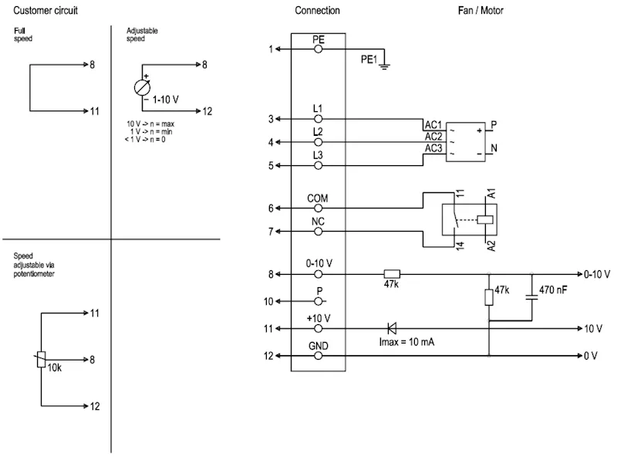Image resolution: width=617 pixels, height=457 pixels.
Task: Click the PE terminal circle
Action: [319, 49]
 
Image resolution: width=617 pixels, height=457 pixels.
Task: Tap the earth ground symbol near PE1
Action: [384, 66]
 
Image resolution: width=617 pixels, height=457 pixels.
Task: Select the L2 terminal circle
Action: [319, 142]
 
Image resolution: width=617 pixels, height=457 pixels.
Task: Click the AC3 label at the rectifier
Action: [433, 148]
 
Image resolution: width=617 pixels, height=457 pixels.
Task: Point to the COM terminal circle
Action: [319, 208]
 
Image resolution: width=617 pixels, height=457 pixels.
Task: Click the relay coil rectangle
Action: [485, 219]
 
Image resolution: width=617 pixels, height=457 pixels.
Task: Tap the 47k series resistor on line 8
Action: [392, 274]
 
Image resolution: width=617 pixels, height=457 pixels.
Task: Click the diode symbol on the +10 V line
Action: [392, 328]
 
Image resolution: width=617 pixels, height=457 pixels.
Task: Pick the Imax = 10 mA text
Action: [406, 341]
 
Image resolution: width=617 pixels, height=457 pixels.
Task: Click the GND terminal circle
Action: [319, 356]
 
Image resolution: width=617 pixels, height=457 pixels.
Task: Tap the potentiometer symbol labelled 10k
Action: [42, 359]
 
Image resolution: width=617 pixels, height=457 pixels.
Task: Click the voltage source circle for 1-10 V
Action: [142, 87]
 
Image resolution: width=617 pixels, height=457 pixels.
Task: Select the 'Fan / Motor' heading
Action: [480, 10]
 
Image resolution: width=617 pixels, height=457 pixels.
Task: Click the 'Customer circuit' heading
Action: [46, 10]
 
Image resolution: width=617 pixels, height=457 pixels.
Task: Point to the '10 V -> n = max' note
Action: [150, 124]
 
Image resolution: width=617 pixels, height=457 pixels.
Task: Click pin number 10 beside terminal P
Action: [268, 301]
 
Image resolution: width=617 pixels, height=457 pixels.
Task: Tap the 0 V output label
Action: [590, 356]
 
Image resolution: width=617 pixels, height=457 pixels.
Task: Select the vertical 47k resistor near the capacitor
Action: [489, 297]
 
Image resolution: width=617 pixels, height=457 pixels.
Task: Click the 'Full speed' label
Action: [23, 35]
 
